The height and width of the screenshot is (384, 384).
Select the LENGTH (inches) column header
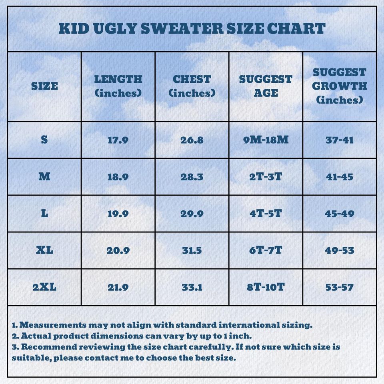click(x=118, y=86)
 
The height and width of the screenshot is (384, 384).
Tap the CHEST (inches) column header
click(x=192, y=86)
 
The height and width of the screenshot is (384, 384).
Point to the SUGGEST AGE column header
click(x=266, y=86)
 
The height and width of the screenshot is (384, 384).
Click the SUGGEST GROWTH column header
click(x=339, y=86)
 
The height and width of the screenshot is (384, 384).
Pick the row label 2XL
click(x=44, y=287)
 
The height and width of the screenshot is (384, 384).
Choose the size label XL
click(x=44, y=250)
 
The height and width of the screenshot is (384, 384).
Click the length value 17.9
click(x=118, y=140)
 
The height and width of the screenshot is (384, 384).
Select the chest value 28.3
click(x=192, y=177)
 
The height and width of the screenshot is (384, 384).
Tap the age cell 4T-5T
click(x=266, y=214)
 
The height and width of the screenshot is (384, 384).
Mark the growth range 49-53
click(x=339, y=250)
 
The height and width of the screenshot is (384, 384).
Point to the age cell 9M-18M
click(x=266, y=140)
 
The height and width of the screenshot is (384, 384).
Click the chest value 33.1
click(x=192, y=287)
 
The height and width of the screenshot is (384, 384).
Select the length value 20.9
click(x=118, y=250)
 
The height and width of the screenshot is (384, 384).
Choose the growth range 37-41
click(x=339, y=140)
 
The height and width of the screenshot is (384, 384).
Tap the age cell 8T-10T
click(x=266, y=287)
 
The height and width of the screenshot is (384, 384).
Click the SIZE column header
click(x=44, y=86)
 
